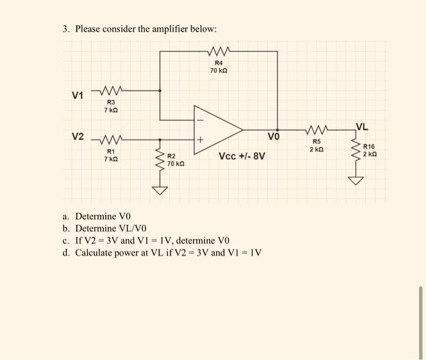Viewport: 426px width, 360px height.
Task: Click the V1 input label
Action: tap(77, 95)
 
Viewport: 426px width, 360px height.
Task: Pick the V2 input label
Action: tap(77, 136)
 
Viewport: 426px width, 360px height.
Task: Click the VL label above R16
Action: tap(361, 127)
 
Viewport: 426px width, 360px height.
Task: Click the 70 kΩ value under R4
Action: tap(218, 71)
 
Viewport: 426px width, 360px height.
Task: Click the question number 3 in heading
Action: tap(65, 29)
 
